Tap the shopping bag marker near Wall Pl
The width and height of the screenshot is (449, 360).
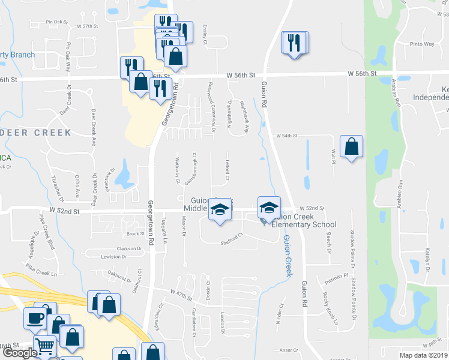point(351,146)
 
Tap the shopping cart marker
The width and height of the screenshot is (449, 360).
point(45,347)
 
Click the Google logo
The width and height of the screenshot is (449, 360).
point(19,353)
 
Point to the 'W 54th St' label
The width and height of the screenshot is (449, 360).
point(287,136)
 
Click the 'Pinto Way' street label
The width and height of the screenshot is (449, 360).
point(421,44)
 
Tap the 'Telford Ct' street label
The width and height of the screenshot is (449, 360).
point(228,170)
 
